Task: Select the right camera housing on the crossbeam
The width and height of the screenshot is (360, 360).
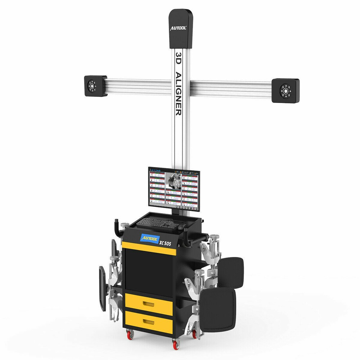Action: [x=285, y=90]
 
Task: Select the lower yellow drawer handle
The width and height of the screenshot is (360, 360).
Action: [x=148, y=321]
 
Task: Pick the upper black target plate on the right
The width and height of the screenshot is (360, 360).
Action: [x=231, y=273]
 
